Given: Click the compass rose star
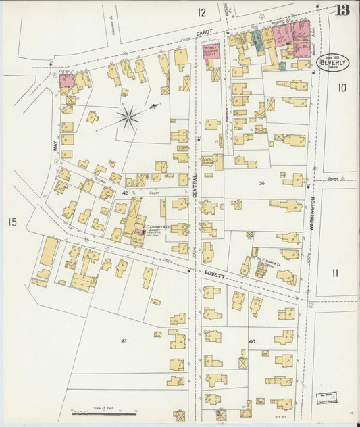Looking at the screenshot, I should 127,117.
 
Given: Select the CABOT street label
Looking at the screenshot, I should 204,32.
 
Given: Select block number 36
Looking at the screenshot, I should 261,182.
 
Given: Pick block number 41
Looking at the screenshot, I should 124,341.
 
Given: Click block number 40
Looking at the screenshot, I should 252,341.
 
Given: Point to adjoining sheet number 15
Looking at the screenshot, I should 11,222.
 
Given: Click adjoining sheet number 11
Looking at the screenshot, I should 336,272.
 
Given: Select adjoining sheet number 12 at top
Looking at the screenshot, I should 201,12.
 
